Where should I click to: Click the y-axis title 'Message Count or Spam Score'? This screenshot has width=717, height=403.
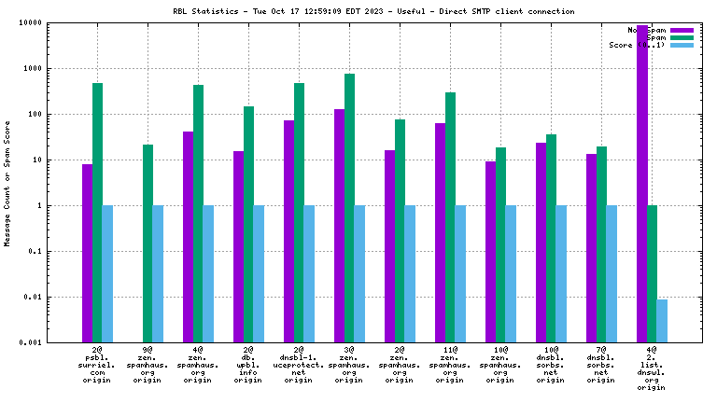click(x=7, y=182)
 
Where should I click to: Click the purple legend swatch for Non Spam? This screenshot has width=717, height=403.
click(x=682, y=30)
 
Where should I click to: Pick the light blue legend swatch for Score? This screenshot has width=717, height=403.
click(x=682, y=45)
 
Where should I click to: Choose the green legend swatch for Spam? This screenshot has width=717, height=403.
click(x=682, y=37)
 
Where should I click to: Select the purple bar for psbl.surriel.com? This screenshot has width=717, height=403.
click(x=87, y=253)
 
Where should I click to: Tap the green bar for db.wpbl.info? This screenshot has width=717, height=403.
click(x=248, y=224)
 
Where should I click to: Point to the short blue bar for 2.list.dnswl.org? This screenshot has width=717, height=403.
click(x=662, y=320)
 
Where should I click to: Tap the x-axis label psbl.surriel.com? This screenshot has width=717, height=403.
click(x=97, y=365)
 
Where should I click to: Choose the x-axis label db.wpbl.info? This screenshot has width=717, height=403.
click(x=248, y=365)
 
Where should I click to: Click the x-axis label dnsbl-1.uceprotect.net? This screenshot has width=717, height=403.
click(x=299, y=365)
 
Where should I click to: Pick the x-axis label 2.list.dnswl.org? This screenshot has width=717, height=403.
click(x=652, y=368)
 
